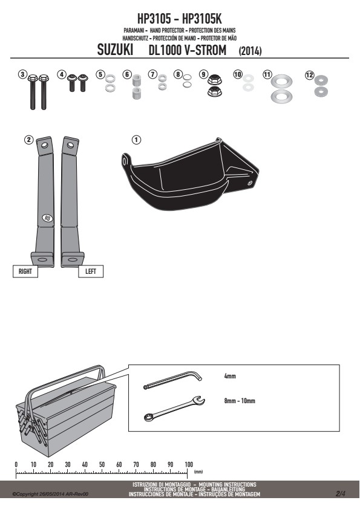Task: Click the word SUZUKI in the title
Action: [115, 50]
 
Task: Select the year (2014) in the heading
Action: [250, 51]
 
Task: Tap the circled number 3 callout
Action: [22, 75]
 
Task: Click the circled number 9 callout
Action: [203, 75]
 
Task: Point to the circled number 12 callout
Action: [309, 76]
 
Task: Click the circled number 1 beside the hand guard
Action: [136, 140]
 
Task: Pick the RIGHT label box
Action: [25, 271]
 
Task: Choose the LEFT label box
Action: [91, 271]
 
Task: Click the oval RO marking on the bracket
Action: [47, 218]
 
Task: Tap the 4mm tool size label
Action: [230, 376]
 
